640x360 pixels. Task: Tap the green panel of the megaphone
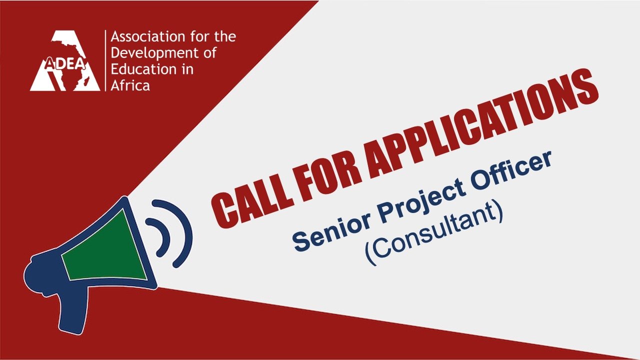[x=105, y=248]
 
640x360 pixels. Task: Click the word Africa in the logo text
[x=130, y=85]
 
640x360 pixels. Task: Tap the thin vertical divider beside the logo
[x=105, y=60]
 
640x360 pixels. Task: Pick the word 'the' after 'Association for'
[x=225, y=37]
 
